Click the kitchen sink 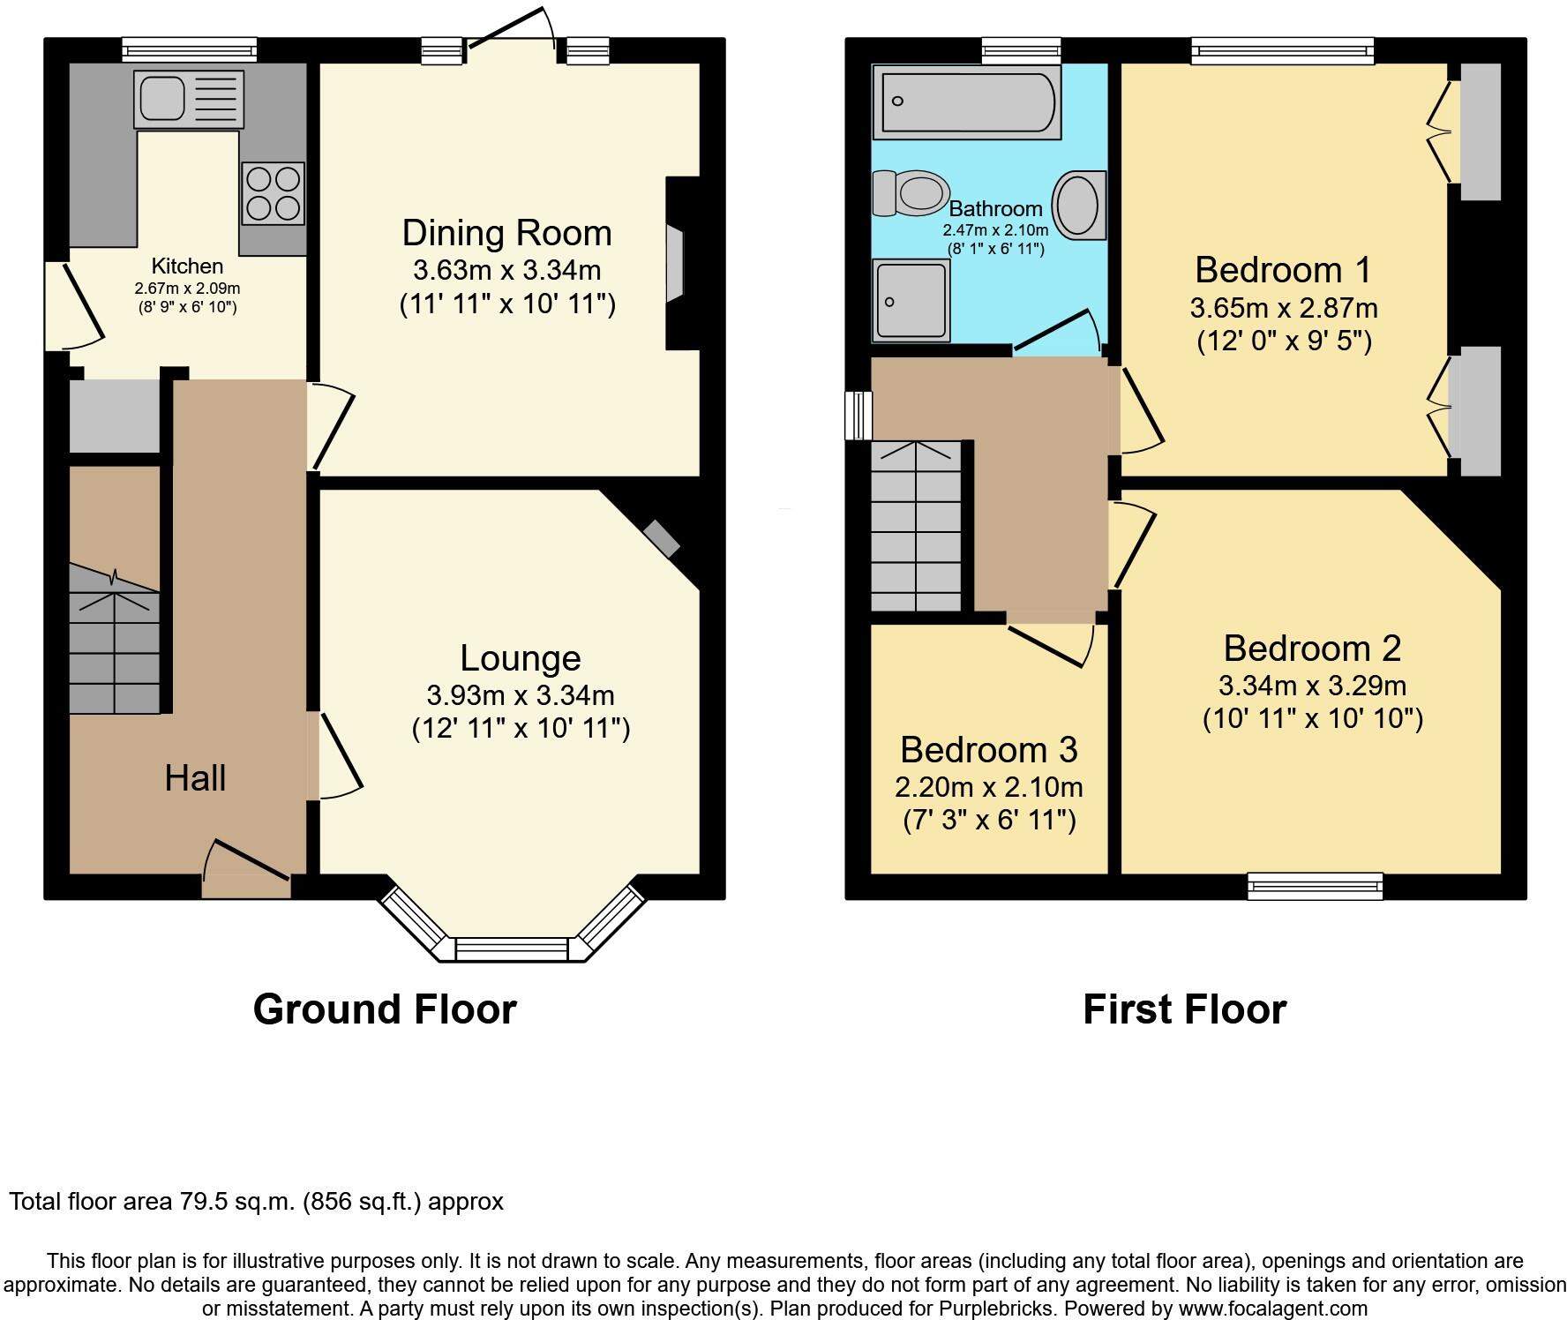click(189, 99)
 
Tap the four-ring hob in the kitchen click(273, 192)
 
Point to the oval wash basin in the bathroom click(1079, 205)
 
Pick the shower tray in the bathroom click(911, 300)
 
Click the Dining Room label click(506, 233)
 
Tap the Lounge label click(521, 658)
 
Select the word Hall click(195, 778)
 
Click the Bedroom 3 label click(989, 750)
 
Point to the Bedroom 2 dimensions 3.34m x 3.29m click(1313, 686)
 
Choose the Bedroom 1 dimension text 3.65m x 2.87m click(1284, 308)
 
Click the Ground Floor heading click(385, 1009)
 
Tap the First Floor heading click(1185, 1009)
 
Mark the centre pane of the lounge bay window click(512, 949)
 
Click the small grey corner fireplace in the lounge click(662, 538)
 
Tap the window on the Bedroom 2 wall click(1315, 886)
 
